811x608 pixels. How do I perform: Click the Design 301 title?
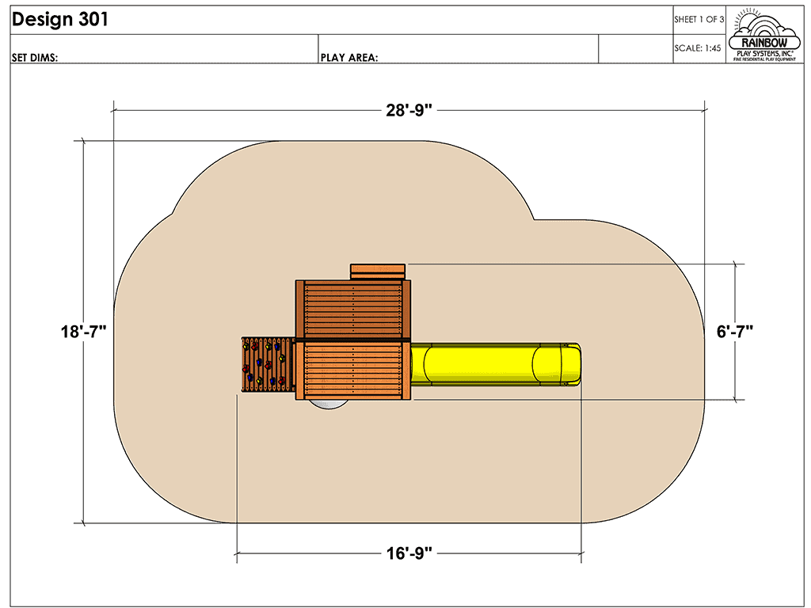(x=60, y=21)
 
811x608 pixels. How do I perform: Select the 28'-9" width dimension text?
(x=409, y=110)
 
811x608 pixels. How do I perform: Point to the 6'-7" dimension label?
(x=735, y=332)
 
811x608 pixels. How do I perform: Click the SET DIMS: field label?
(x=35, y=57)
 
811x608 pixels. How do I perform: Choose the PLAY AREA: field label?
(x=348, y=57)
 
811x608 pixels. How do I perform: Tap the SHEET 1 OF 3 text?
(x=699, y=20)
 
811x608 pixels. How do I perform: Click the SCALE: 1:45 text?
(x=698, y=48)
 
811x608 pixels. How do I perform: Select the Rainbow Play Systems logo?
(x=765, y=35)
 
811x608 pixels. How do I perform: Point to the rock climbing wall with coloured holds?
(x=265, y=364)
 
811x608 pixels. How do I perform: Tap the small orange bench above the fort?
(x=378, y=272)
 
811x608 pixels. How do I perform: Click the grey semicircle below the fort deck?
(x=326, y=404)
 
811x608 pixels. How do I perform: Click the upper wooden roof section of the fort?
(x=352, y=310)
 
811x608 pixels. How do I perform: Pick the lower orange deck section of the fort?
(x=352, y=370)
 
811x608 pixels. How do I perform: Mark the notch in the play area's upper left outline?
(x=173, y=214)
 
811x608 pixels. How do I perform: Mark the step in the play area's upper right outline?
(x=534, y=218)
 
